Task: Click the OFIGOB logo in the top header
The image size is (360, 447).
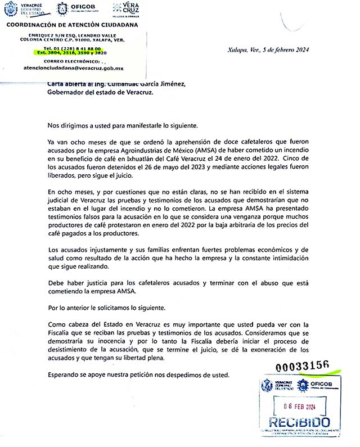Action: (x=78, y=8)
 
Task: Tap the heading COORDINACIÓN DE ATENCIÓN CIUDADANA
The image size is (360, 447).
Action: (x=72, y=24)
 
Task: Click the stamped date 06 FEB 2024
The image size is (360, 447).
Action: (x=296, y=407)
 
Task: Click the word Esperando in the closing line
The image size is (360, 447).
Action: (x=66, y=374)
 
